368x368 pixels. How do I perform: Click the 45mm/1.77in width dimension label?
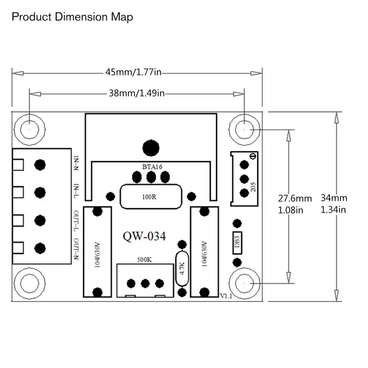[133, 72]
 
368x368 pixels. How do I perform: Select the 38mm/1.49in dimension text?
[137, 93]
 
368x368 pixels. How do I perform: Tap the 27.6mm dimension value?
[295, 199]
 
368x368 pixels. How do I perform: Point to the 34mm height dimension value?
[334, 198]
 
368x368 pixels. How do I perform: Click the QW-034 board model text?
[144, 236]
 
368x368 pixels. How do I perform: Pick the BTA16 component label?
[152, 167]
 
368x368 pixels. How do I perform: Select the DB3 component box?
[237, 243]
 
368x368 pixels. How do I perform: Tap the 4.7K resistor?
[182, 269]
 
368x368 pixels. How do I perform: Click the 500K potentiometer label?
[144, 259]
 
